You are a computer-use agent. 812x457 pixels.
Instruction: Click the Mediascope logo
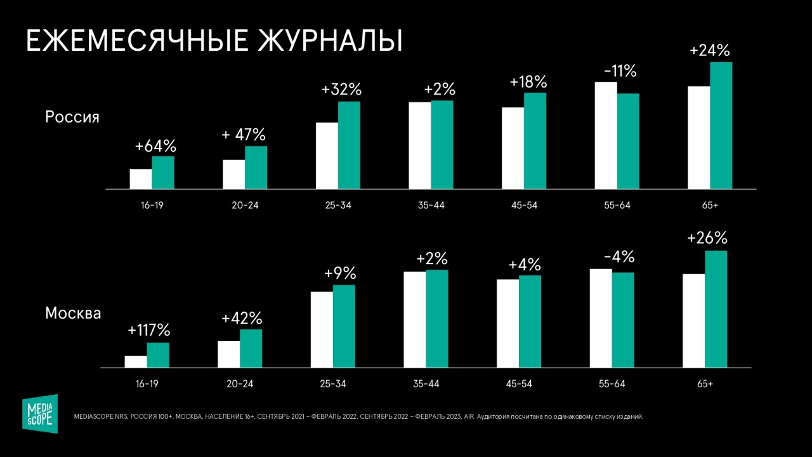click(40, 413)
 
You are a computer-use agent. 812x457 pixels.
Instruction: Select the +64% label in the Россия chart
click(155, 146)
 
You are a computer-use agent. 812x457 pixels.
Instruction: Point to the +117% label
click(149, 331)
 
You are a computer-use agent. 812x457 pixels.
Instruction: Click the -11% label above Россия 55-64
click(620, 71)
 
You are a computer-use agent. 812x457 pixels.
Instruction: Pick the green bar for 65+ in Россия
click(721, 126)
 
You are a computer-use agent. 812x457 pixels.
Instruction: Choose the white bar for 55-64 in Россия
click(606, 135)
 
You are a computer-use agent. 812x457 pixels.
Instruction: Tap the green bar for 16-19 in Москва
click(158, 355)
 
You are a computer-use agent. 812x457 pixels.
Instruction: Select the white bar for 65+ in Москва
click(693, 321)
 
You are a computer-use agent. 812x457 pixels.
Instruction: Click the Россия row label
click(72, 117)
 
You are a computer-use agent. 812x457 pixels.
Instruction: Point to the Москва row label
click(73, 314)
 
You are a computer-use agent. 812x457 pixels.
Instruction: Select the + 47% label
click(244, 135)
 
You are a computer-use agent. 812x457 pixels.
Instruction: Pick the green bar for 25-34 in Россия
click(349, 145)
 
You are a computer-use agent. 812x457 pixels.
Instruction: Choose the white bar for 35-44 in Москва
click(414, 319)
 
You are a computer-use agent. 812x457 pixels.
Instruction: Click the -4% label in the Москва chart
click(619, 258)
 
